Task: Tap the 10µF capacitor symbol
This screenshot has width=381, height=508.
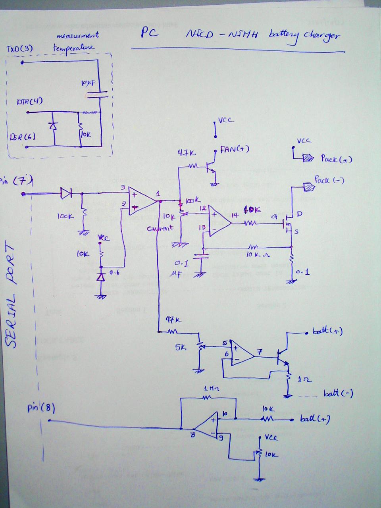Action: tap(97, 94)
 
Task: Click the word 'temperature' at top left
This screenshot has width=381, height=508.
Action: tap(74, 48)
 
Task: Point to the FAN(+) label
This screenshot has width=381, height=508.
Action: tap(234, 150)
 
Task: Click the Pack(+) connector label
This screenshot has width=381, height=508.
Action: tap(336, 159)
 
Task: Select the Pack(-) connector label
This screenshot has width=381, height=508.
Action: tap(329, 180)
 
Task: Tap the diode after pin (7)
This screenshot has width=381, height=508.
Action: tap(66, 194)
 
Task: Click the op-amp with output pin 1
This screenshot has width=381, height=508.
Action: tap(142, 202)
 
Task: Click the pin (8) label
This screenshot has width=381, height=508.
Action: tap(41, 408)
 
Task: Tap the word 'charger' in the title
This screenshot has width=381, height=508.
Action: tap(321, 35)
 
